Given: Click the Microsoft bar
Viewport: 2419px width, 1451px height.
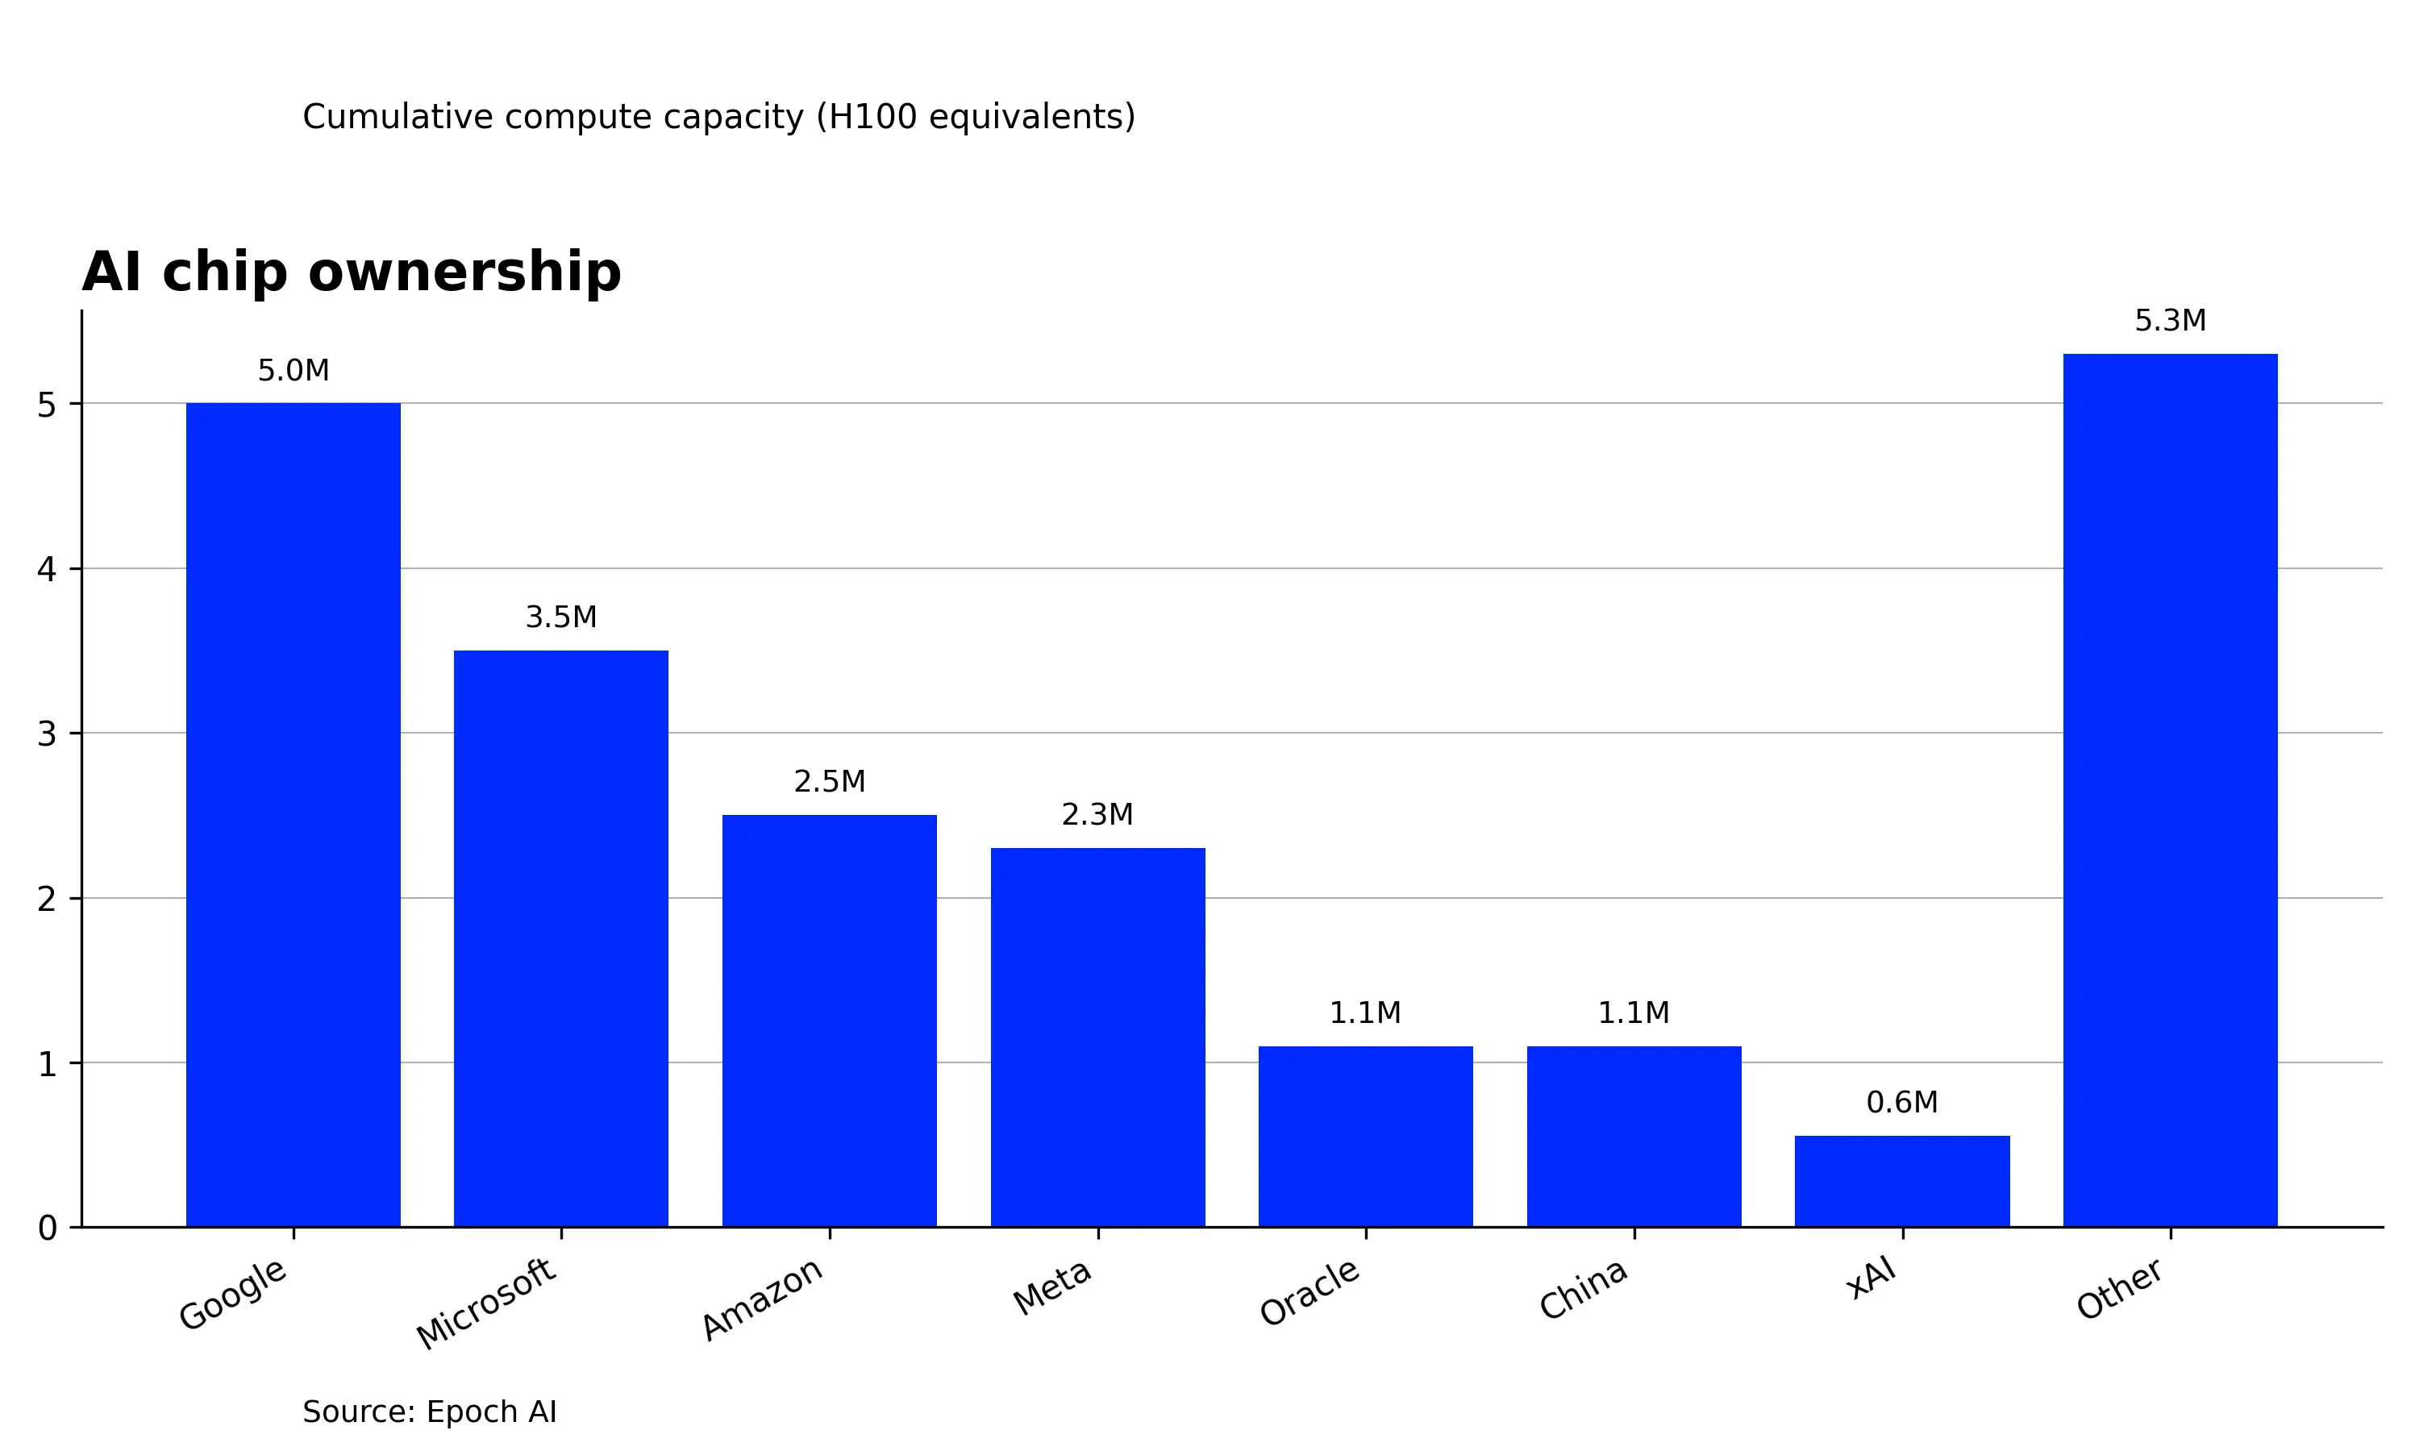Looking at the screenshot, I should pos(561,938).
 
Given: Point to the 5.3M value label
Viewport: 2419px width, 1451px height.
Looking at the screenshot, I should pos(2171,321).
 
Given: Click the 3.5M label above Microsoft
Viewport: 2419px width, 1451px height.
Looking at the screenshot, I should pos(561,617).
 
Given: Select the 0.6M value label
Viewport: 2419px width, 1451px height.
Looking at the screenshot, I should pos(1902,1102).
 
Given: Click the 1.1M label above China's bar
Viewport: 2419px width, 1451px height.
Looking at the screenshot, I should pos(1634,1013).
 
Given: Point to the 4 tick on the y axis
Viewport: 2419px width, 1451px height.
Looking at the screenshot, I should pos(47,569).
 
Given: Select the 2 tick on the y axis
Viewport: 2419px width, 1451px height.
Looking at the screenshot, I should pos(47,899).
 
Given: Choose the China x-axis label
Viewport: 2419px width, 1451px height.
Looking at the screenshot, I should pos(1583,1290).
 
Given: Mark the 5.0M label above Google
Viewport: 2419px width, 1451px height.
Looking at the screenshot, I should pos(294,371).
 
